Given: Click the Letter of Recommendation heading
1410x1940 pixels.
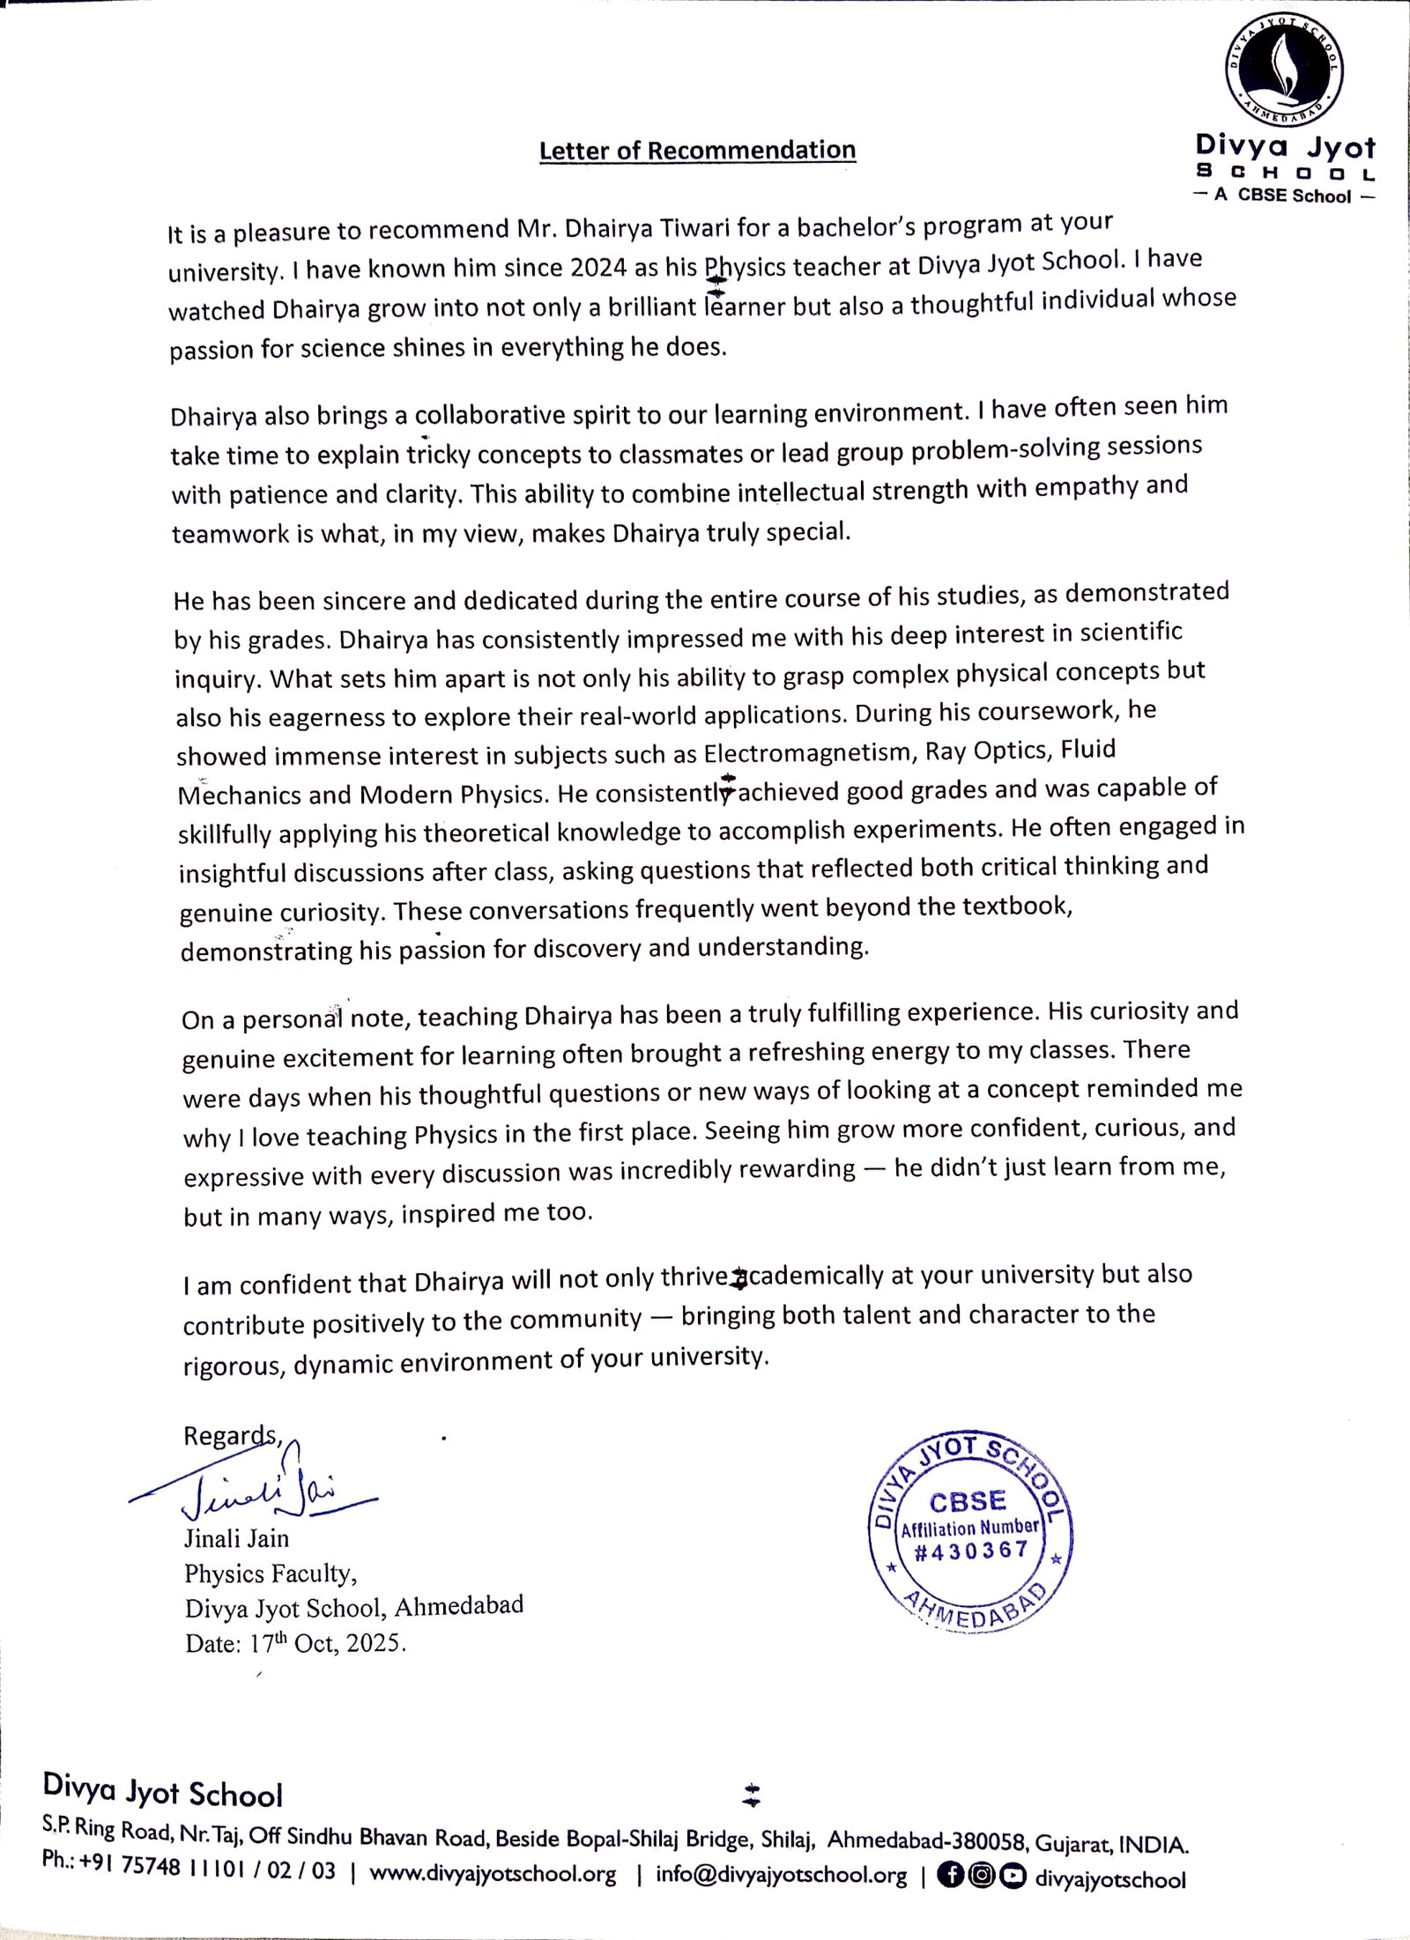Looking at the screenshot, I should pyautogui.click(x=697, y=151).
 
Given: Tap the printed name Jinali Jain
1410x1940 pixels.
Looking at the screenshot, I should pyautogui.click(x=236, y=1538).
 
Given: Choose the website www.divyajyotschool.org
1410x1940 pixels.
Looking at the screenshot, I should pyautogui.click(x=493, y=1873).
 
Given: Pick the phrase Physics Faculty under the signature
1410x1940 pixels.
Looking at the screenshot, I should pyautogui.click(x=271, y=1573).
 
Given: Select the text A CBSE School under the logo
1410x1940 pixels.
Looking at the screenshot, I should pyautogui.click(x=1282, y=196).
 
